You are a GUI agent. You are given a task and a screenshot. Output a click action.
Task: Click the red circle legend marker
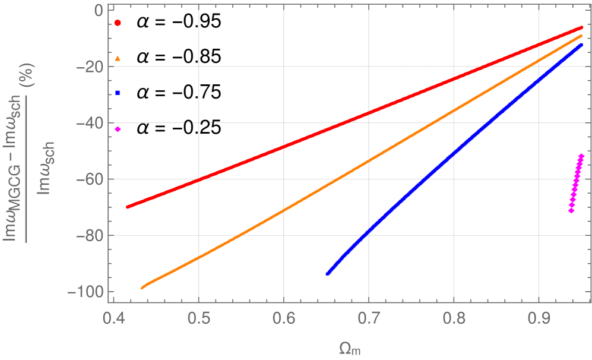pyautogui.click(x=118, y=23)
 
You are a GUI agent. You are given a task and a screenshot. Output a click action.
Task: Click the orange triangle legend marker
pyautogui.click(x=118, y=58)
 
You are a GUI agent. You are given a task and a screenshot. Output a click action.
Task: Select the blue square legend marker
pyautogui.click(x=118, y=93)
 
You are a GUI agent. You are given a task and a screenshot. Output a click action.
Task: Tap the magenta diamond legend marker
pyautogui.click(x=118, y=130)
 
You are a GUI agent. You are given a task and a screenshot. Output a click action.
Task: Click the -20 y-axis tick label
pyautogui.click(x=88, y=67)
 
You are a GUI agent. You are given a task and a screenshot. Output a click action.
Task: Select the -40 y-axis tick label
pyautogui.click(x=88, y=123)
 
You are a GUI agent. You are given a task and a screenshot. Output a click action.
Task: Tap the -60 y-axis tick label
pyautogui.click(x=88, y=179)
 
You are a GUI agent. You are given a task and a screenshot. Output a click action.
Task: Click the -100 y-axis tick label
pyautogui.click(x=84, y=292)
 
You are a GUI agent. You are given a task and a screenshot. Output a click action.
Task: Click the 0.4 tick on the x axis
pyautogui.click(x=113, y=316)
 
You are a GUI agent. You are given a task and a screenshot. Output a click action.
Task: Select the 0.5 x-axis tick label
pyautogui.click(x=198, y=316)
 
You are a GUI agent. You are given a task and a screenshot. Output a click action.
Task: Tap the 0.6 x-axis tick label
pyautogui.click(x=283, y=316)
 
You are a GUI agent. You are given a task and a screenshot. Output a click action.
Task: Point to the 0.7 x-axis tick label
pyautogui.click(x=368, y=316)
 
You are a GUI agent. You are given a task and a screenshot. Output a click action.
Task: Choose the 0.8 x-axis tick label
pyautogui.click(x=454, y=316)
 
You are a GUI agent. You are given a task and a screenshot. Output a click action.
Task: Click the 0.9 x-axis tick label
pyautogui.click(x=539, y=316)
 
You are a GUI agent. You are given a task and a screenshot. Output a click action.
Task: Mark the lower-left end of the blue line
pyautogui.click(x=327, y=273)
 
